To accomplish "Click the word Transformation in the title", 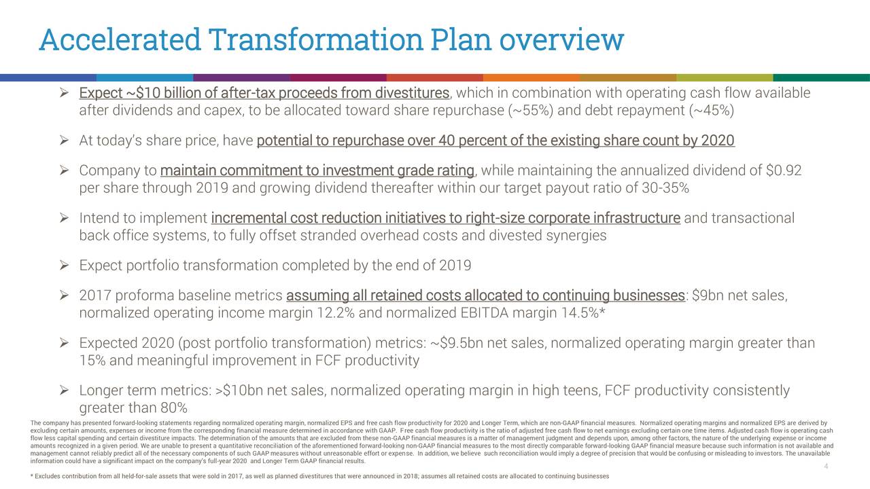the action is (315, 39).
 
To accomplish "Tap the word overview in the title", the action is (561, 39).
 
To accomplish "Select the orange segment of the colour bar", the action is (532, 77).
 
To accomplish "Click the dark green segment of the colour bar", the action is (822, 77).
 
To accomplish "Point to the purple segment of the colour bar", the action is (241, 77).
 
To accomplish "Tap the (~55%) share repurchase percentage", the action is (531, 111).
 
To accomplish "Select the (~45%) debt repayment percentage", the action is (712, 111).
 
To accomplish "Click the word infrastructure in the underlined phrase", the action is (637, 218).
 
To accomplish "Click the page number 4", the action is (826, 466).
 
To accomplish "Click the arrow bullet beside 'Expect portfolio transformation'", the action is (64, 266).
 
